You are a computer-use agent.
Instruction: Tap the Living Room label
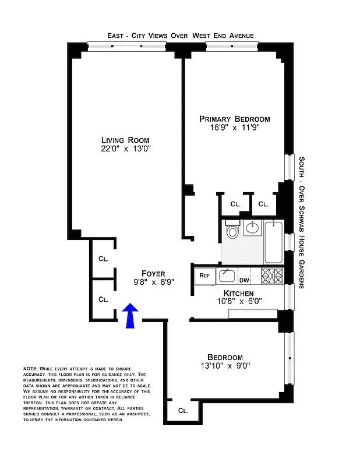pyautogui.click(x=125, y=140)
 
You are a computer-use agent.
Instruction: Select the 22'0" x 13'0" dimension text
pyautogui.click(x=125, y=149)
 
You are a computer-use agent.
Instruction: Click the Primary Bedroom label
pyautogui.click(x=235, y=118)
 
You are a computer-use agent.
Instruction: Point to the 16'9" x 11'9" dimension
pyautogui.click(x=235, y=128)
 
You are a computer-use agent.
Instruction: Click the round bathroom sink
pyautogui.click(x=253, y=228)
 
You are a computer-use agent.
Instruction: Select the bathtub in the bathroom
pyautogui.click(x=273, y=242)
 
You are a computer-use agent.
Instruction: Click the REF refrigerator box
pyautogui.click(x=205, y=275)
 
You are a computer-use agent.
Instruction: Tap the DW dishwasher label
pyautogui.click(x=243, y=280)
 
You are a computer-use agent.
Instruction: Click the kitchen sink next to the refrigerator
pyautogui.click(x=227, y=275)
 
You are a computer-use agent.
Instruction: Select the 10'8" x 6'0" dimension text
pyautogui.click(x=239, y=302)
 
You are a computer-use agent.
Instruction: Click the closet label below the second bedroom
pyautogui.click(x=183, y=411)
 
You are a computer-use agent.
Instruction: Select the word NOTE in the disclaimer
pyautogui.click(x=30, y=369)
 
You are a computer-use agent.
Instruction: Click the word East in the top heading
pyautogui.click(x=117, y=36)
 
